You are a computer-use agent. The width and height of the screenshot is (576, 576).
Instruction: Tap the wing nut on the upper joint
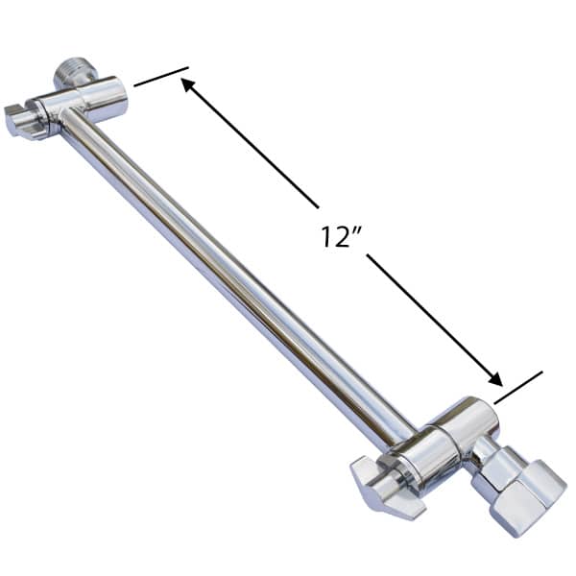(x=23, y=121)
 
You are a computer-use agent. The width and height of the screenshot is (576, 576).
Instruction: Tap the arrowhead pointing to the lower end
(x=496, y=378)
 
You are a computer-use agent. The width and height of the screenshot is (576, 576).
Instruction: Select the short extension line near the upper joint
(x=160, y=77)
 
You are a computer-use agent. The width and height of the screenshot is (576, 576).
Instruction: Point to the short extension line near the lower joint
(x=517, y=386)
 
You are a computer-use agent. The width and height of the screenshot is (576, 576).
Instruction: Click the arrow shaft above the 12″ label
(x=254, y=149)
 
